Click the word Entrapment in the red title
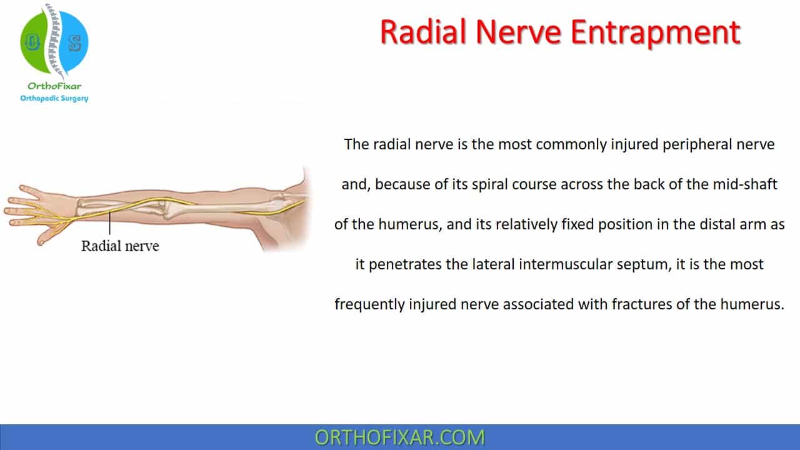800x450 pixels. click(x=656, y=33)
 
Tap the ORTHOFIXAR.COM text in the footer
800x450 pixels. click(x=399, y=437)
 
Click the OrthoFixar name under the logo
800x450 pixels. click(x=54, y=86)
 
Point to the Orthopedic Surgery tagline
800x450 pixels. click(x=54, y=98)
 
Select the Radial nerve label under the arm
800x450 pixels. click(x=120, y=246)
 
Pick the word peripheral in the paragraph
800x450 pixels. click(x=697, y=145)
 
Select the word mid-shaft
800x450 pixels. click(x=745, y=184)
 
